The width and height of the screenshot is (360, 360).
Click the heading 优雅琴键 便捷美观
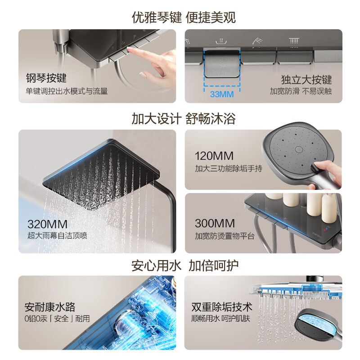pyautogui.click(x=184, y=17)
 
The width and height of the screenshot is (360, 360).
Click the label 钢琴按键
pyautogui.click(x=46, y=78)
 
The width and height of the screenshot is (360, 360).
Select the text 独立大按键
pyautogui.click(x=306, y=80)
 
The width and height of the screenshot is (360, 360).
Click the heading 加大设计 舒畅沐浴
pyautogui.click(x=184, y=119)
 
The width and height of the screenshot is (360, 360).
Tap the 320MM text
pyautogui.click(x=47, y=224)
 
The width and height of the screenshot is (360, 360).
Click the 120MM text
pyautogui.click(x=214, y=156)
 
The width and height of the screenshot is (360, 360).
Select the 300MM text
pyautogui.click(x=215, y=224)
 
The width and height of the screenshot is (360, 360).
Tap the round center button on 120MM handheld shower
pyautogui.click(x=299, y=149)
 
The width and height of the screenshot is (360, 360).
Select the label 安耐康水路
pyautogui.click(x=50, y=307)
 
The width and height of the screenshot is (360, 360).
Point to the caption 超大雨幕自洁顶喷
pyautogui.click(x=57, y=236)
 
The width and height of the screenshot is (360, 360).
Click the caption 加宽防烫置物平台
pyautogui.click(x=225, y=236)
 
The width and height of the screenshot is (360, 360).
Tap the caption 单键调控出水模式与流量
pyautogui.click(x=66, y=91)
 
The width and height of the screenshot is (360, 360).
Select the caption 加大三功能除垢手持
pyautogui.click(x=228, y=168)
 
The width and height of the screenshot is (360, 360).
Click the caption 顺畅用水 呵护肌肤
pyautogui.click(x=221, y=319)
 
